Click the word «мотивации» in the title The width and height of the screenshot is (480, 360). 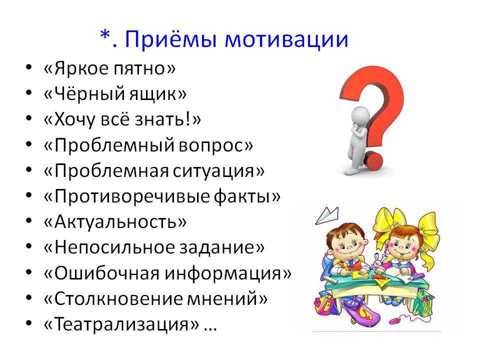[x=286, y=39]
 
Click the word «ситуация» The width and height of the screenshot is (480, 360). [x=213, y=171]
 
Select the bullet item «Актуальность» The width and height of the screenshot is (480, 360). [x=115, y=222]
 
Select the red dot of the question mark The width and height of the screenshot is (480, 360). [x=374, y=160]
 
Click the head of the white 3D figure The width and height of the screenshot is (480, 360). [x=360, y=116]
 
